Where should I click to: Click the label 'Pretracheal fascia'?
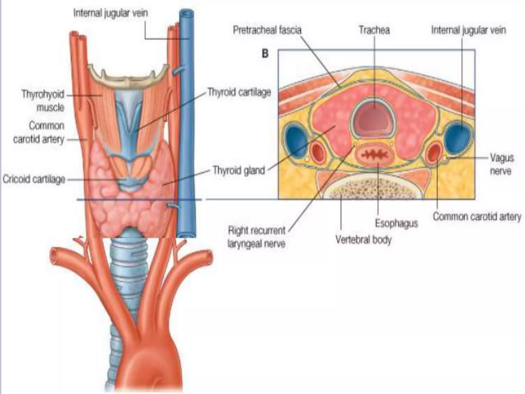coord(267,30)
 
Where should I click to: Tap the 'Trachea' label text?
coord(374,30)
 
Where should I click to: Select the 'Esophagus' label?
coord(396,223)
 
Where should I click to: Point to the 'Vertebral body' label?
coord(364,240)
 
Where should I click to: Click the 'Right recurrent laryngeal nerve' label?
coord(257,237)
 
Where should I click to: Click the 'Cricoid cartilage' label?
coord(34,179)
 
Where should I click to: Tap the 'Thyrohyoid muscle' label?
coord(43,101)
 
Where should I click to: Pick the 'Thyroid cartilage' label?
coord(239,92)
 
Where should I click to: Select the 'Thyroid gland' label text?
coord(239,170)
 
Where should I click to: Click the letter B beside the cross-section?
coord(265,54)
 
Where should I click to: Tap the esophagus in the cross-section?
coord(375,155)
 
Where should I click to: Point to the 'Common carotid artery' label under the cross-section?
coord(477,217)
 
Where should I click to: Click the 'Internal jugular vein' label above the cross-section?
coord(469,30)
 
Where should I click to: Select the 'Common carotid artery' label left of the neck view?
coord(38,132)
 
